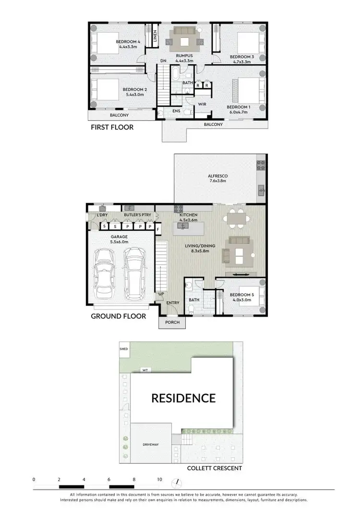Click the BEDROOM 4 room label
tap(126, 42)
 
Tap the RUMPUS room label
tap(184, 56)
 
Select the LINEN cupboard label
tap(155, 36)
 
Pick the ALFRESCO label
tap(218, 176)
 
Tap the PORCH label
tap(172, 322)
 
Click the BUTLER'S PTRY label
tap(134, 215)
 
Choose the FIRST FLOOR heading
tap(112, 128)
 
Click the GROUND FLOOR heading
tap(118, 317)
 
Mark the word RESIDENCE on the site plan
tap(183, 398)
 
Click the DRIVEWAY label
tap(151, 445)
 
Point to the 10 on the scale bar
tap(159, 479)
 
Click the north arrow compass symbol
tap(178, 482)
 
